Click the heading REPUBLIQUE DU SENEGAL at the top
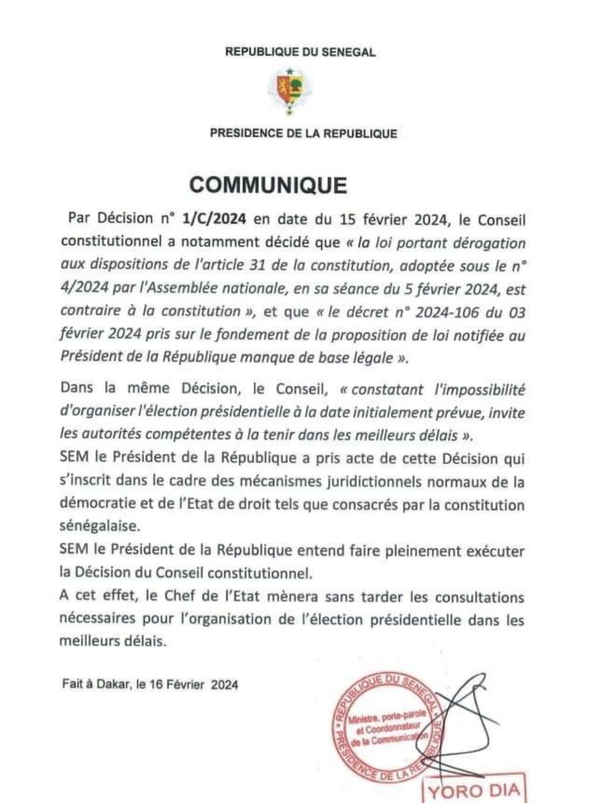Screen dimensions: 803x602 point(300,53)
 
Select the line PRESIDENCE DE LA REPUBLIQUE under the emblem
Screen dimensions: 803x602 point(304,133)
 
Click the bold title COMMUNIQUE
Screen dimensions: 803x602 point(268,185)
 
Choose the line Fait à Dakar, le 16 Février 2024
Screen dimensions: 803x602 point(150,685)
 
